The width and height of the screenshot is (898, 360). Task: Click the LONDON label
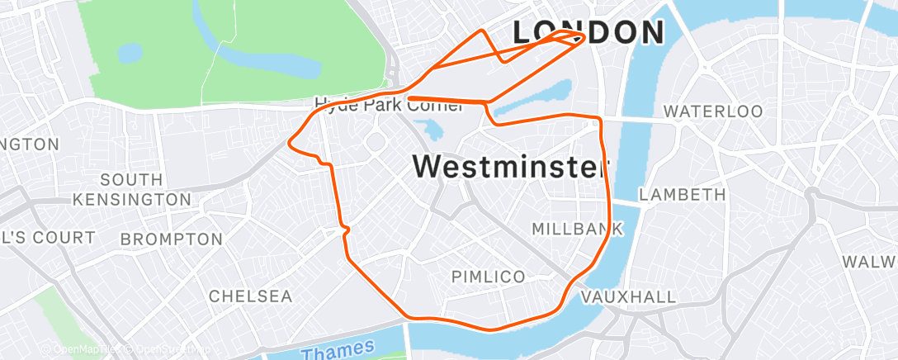tap(588, 32)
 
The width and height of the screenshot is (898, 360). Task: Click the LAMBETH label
tap(683, 195)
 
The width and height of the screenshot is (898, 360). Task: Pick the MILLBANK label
tap(576, 229)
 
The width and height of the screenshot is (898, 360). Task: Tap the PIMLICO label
tap(488, 277)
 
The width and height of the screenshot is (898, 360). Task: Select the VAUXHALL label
tap(628, 296)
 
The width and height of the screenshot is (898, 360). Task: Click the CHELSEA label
tap(250, 296)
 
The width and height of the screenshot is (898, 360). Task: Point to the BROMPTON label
tap(171, 239)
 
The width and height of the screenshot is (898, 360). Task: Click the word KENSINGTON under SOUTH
tap(132, 200)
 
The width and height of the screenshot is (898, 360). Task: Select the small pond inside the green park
tap(130, 54)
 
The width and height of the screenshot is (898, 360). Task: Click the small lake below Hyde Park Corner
tap(430, 130)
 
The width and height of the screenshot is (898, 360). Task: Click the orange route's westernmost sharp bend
tap(288, 143)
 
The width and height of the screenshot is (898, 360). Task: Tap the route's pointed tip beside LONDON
tap(584, 37)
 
